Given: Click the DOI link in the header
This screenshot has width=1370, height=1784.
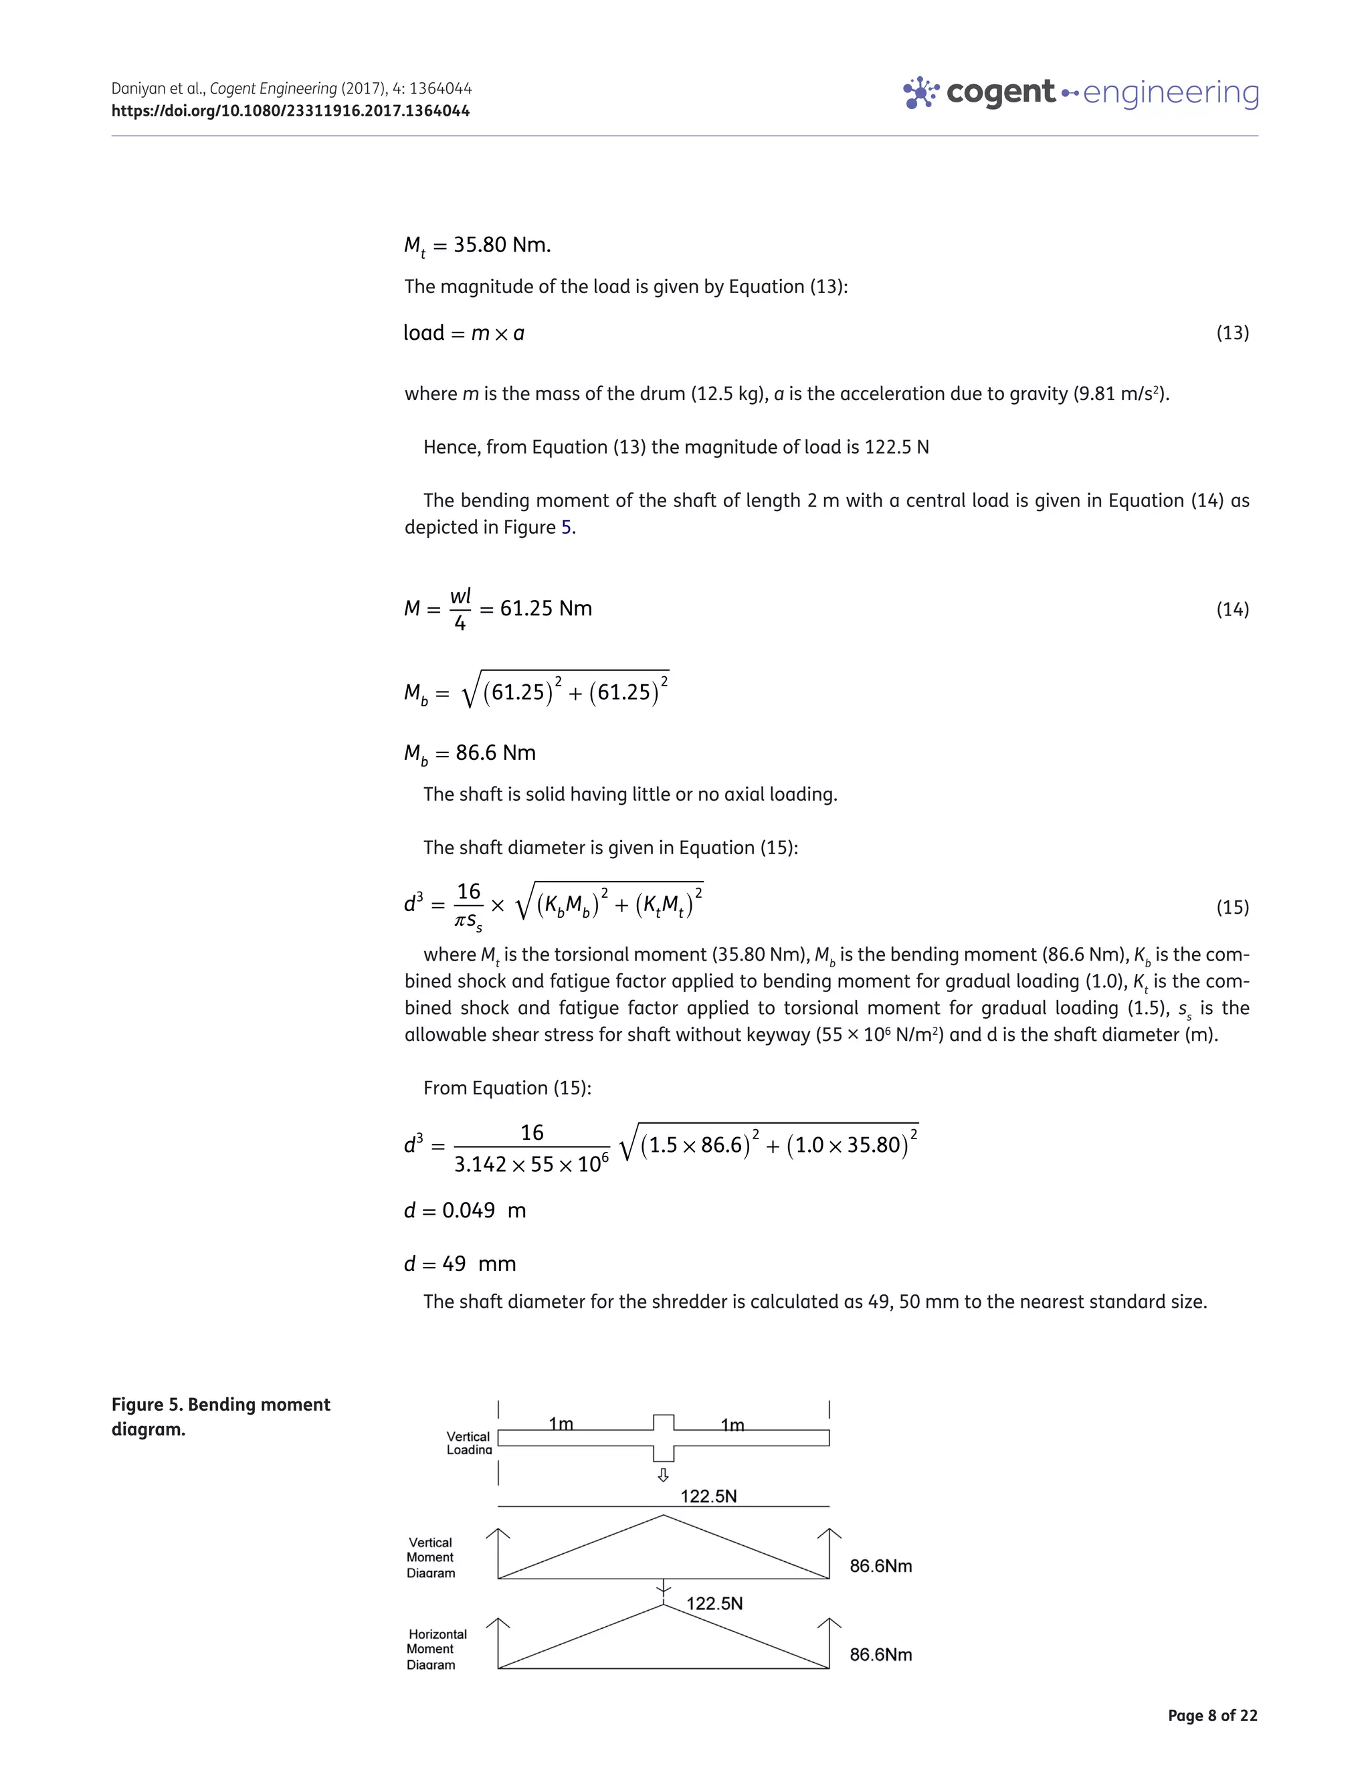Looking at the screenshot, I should [290, 111].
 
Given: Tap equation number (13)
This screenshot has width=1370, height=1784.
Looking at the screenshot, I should [1232, 332].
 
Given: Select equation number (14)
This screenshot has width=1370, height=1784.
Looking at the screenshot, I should [1232, 609].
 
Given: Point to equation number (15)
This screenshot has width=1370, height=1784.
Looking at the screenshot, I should [1232, 906].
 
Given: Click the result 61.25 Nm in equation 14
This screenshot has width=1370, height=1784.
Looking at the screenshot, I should [546, 608].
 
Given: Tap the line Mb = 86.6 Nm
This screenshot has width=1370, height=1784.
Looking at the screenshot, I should [470, 753].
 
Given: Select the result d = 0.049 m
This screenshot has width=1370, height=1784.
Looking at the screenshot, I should [465, 1210].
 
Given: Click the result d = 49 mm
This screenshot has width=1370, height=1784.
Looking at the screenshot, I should [460, 1264].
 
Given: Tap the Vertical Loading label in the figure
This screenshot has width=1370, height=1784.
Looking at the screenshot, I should [469, 1442].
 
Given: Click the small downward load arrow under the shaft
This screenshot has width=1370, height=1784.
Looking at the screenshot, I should [663, 1475].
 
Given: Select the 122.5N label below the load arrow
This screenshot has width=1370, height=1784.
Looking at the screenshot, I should [708, 1496].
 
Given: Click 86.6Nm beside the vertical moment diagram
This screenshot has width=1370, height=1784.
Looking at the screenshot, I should [880, 1565].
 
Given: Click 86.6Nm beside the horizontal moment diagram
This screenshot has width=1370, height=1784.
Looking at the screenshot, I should [880, 1654].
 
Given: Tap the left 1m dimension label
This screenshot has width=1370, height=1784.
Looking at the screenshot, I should [561, 1423].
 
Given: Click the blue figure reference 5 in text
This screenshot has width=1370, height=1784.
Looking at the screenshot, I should [566, 528].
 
